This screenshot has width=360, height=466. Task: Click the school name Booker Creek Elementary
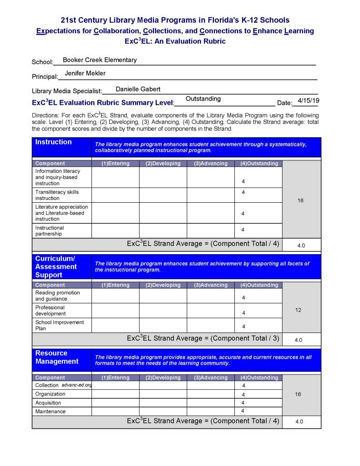(100, 60)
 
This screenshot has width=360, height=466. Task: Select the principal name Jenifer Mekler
(85, 73)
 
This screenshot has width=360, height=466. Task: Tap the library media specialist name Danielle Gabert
(138, 89)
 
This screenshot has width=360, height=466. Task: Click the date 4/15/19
(308, 100)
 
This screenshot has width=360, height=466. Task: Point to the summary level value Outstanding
(203, 99)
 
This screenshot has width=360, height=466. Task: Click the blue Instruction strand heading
(54, 142)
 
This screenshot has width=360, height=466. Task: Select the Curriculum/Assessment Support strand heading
(56, 266)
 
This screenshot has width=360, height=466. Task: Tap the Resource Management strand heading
(57, 357)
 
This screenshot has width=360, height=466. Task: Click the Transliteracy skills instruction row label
(57, 195)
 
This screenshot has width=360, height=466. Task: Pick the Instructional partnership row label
(50, 231)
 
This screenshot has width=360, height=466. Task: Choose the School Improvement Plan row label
(60, 325)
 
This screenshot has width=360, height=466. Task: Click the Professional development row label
(51, 310)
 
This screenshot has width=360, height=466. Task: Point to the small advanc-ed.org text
(76, 385)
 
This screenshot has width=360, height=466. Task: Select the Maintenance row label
(51, 411)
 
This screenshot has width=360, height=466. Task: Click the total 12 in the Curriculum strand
(298, 310)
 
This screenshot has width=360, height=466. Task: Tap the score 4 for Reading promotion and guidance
(243, 298)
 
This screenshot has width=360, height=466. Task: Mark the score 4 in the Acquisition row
(243, 403)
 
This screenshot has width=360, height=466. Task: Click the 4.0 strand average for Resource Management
(299, 422)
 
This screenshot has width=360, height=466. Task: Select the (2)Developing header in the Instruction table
(163, 164)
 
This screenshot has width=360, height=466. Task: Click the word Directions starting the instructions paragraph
(46, 116)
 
